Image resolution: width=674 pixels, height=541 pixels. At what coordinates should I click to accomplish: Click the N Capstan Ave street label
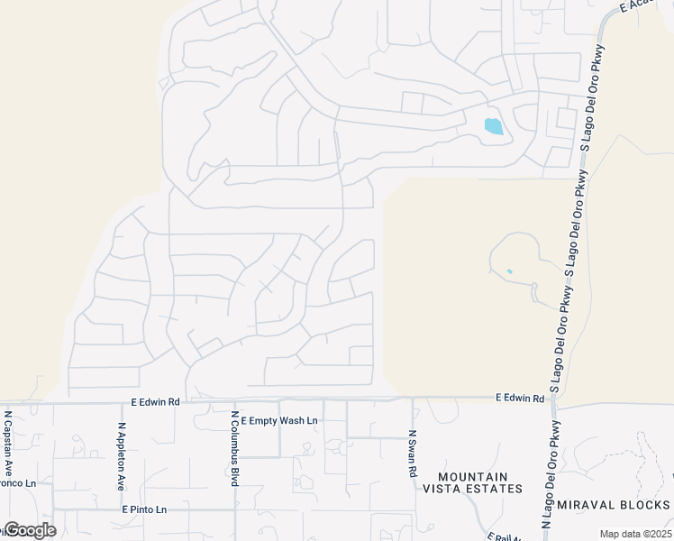tap(8, 445)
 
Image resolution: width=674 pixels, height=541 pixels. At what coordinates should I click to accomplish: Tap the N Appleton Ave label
tap(122, 455)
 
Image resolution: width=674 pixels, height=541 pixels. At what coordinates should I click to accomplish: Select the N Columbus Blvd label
tap(234, 449)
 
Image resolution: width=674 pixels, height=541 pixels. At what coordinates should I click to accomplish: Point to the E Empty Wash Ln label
tap(281, 420)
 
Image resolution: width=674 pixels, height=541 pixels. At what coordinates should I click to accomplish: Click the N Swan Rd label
tap(413, 453)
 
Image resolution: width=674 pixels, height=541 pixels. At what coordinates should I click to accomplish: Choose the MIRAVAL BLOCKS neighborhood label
tap(614, 504)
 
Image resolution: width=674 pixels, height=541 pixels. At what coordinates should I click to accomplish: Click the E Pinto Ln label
tap(145, 509)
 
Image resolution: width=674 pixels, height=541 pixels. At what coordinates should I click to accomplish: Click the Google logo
tap(30, 529)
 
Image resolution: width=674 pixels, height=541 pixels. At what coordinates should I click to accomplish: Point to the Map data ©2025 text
tap(635, 534)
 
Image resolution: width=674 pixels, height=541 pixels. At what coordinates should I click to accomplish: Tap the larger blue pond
tap(494, 127)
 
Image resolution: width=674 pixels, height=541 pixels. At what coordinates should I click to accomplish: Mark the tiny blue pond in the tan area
tap(510, 270)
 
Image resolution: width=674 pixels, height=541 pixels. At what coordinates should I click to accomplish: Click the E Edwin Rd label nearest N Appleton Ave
tap(155, 401)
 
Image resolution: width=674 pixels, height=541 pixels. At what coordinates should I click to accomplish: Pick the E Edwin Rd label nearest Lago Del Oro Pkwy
tap(520, 398)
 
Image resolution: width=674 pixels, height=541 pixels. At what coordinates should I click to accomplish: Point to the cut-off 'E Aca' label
tap(634, 6)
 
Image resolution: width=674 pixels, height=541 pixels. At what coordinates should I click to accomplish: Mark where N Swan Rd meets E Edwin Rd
tap(412, 399)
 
